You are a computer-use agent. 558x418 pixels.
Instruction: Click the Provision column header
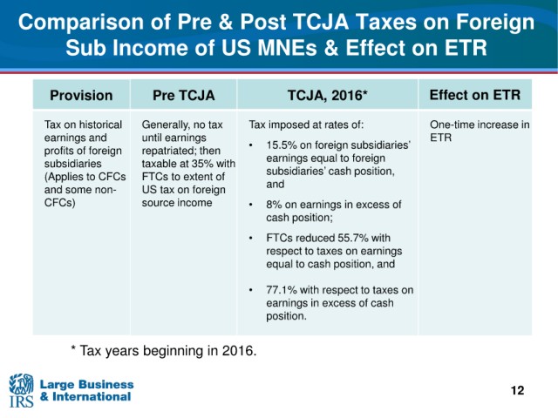click(81, 95)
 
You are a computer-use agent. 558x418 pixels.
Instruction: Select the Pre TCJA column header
click(184, 95)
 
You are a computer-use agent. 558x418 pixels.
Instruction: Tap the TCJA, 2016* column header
click(328, 95)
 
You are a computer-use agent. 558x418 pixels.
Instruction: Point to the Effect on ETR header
click(475, 95)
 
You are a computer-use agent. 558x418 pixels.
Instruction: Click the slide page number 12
click(517, 390)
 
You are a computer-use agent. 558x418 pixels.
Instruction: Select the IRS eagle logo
click(21, 390)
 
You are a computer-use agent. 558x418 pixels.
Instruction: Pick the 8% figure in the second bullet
click(274, 205)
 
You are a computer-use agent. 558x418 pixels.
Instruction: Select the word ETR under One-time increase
click(440, 138)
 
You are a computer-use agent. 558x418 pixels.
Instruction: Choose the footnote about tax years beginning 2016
click(164, 351)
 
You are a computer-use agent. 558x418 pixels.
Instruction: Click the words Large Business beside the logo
click(86, 384)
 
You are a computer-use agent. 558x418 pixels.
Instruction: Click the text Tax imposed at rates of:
click(306, 125)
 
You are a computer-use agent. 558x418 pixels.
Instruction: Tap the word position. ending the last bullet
click(286, 316)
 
